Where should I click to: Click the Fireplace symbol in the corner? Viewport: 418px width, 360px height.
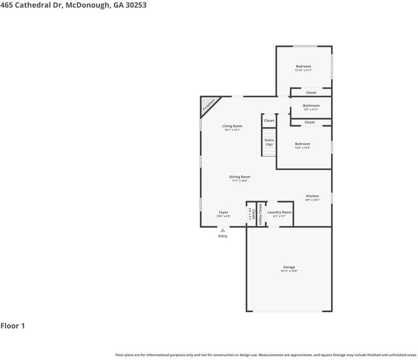[x=208, y=105]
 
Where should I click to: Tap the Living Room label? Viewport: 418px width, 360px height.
[x=232, y=126]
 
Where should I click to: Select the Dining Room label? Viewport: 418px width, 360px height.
[x=240, y=176]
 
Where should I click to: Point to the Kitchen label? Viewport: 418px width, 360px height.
[x=312, y=196]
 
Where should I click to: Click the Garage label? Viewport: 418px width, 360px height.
[x=289, y=267]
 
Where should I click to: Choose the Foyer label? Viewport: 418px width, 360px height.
[x=223, y=212]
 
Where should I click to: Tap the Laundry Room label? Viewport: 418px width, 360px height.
[x=279, y=212]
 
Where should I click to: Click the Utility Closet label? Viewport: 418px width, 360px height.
[x=261, y=214]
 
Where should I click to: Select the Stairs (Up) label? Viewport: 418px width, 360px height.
[x=269, y=142]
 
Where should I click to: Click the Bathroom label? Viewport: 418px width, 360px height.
[x=311, y=106]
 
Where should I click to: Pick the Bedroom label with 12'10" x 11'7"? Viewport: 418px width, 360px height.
[x=304, y=67]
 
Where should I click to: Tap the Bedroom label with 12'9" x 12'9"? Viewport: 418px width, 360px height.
[x=302, y=144]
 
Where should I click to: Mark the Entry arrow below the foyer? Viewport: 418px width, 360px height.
[x=223, y=230]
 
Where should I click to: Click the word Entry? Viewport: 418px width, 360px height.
[x=223, y=236]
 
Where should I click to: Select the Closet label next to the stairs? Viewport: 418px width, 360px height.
[x=269, y=120]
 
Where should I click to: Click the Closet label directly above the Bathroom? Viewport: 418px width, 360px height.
[x=311, y=92]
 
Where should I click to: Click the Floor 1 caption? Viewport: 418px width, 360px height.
[x=13, y=326]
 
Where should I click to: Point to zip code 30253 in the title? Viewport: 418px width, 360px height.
[x=135, y=5]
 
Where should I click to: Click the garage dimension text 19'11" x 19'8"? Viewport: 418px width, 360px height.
[x=289, y=271]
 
